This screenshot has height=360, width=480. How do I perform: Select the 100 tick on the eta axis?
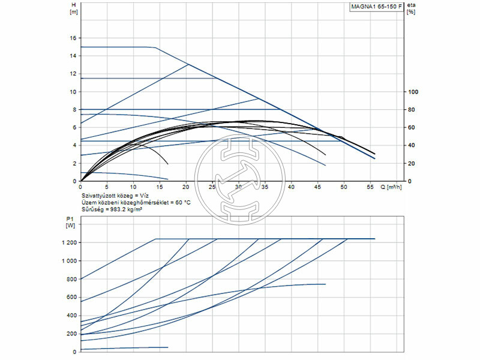coord(412,92)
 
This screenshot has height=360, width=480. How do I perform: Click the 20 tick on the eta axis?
coord(411,163)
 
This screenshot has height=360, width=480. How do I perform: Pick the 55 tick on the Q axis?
coord(370,187)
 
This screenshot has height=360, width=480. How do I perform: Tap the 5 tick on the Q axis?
coord(107,187)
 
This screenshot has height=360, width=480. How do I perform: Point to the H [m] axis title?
coord(74,8)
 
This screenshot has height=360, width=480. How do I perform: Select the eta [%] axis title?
coord(411,8)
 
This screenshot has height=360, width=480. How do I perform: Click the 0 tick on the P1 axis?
coord(74,352)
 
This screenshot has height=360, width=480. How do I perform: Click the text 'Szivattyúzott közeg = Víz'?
coord(115,196)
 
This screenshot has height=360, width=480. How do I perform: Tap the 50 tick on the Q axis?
coord(344,187)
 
